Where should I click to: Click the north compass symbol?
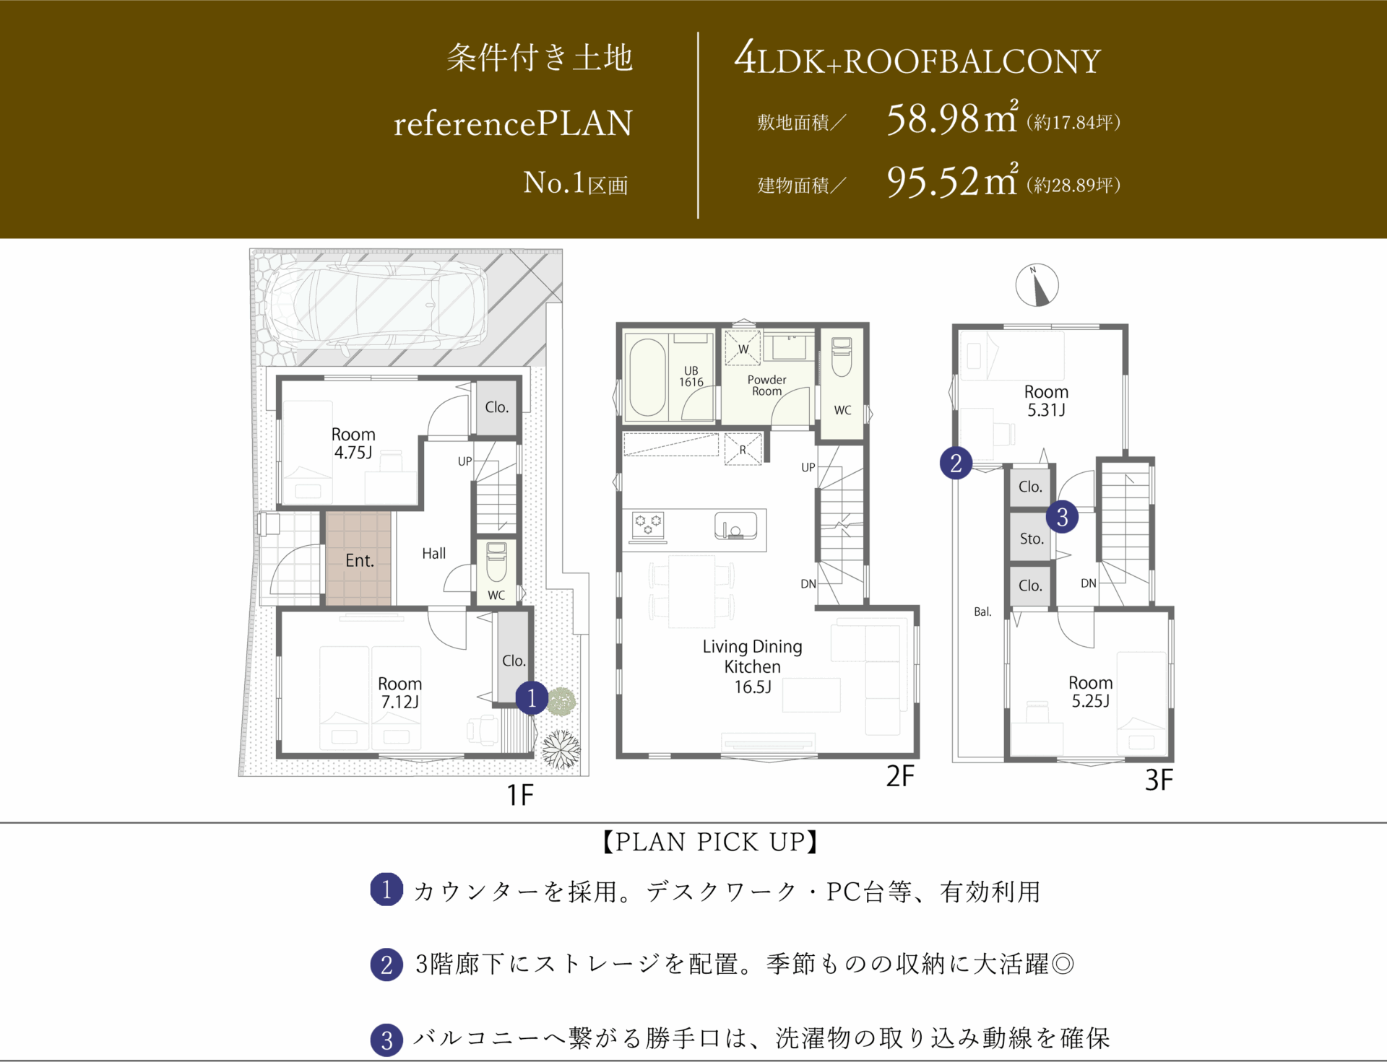1037,285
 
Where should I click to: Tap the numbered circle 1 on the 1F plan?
532,698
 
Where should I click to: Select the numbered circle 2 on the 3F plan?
956,463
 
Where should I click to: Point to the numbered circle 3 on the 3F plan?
1062,517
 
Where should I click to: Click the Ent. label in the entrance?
360,561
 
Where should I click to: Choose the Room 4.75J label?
353,443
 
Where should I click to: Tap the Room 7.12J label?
399,692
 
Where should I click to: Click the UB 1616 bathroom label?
691,376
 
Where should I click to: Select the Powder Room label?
766,386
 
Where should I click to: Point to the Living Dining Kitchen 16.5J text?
752,666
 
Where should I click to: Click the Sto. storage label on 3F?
1032,539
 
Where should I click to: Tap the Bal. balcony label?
982,611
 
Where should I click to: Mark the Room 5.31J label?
1046,401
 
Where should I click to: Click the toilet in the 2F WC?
842,357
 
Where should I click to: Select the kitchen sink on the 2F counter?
735,526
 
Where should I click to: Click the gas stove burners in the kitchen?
647,525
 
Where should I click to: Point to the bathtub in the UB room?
647,377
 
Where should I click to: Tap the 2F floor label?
900,776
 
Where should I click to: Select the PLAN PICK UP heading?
710,842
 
